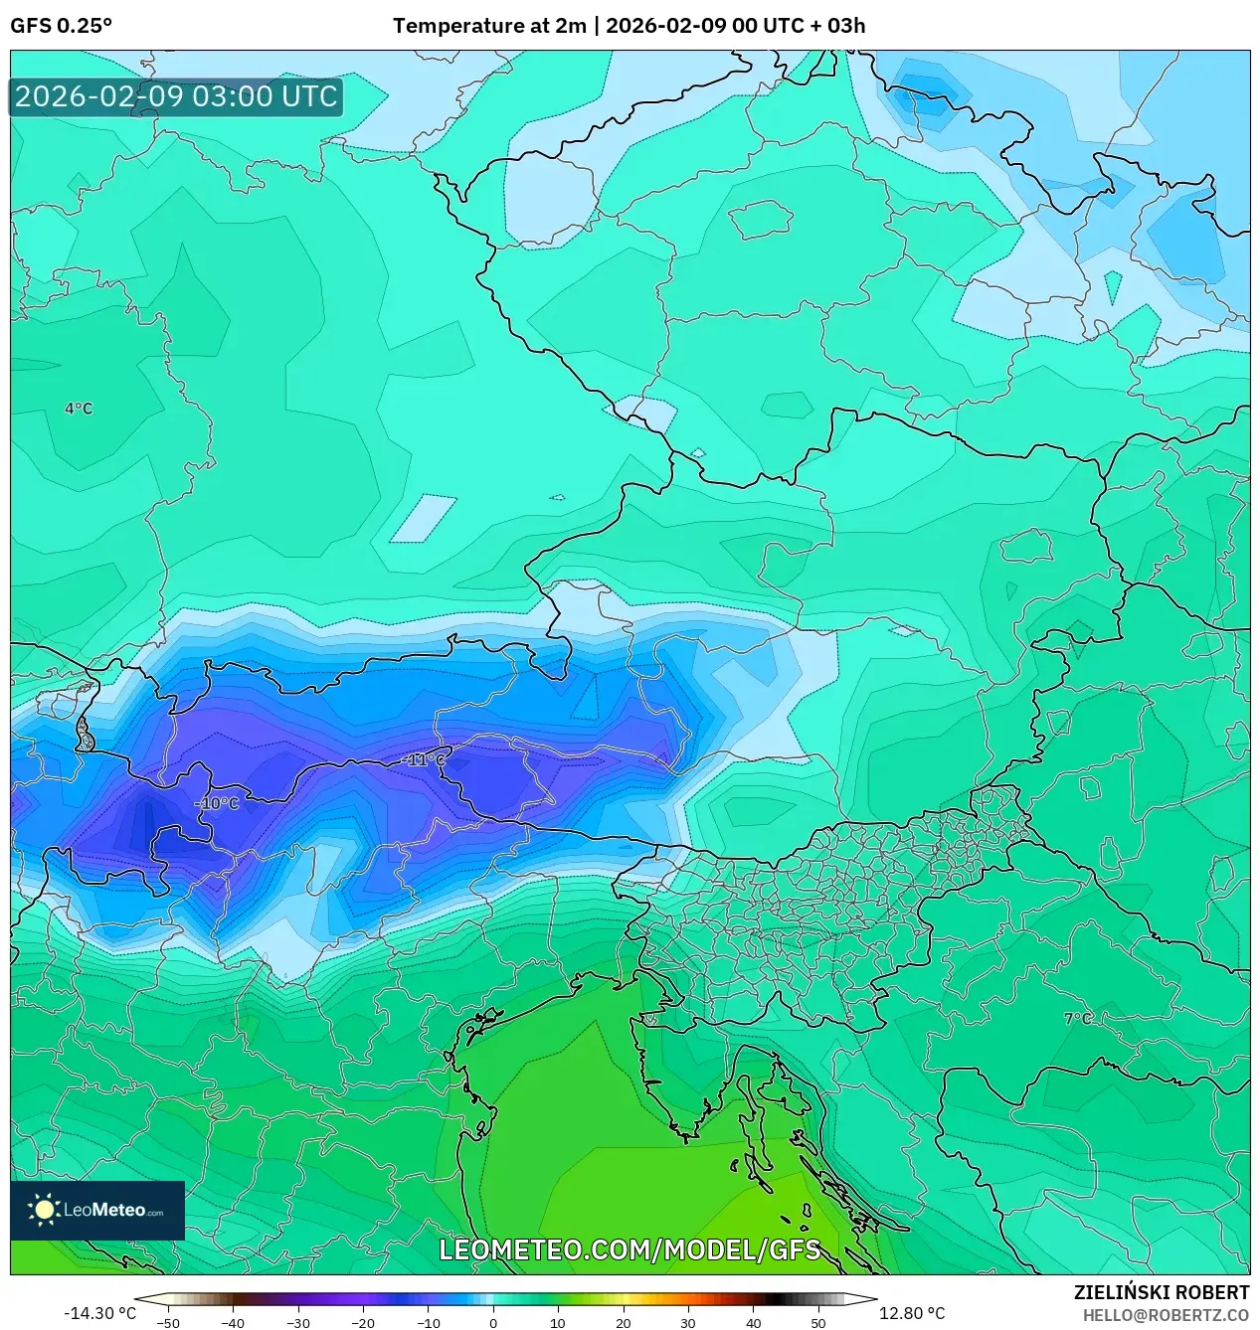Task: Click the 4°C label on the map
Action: click(79, 409)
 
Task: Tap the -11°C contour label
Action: click(424, 759)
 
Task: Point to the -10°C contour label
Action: click(217, 803)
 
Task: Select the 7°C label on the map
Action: click(1077, 1019)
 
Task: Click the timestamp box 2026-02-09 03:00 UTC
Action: click(176, 96)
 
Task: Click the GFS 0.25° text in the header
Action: click(61, 26)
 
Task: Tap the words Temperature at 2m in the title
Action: click(489, 26)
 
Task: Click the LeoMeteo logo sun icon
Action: click(44, 1209)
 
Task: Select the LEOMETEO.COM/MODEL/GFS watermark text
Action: click(630, 1249)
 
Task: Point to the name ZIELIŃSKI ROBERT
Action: click(1161, 1292)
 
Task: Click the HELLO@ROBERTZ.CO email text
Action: click(1166, 1315)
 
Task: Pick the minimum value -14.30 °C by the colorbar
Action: click(99, 1313)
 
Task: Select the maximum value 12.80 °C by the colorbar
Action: click(912, 1313)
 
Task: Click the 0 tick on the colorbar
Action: click(493, 1322)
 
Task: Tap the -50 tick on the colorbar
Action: click(168, 1322)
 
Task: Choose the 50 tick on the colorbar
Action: click(818, 1322)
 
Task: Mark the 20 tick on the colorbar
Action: click(623, 1322)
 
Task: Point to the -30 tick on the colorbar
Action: click(298, 1322)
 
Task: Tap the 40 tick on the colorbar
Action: click(753, 1322)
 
